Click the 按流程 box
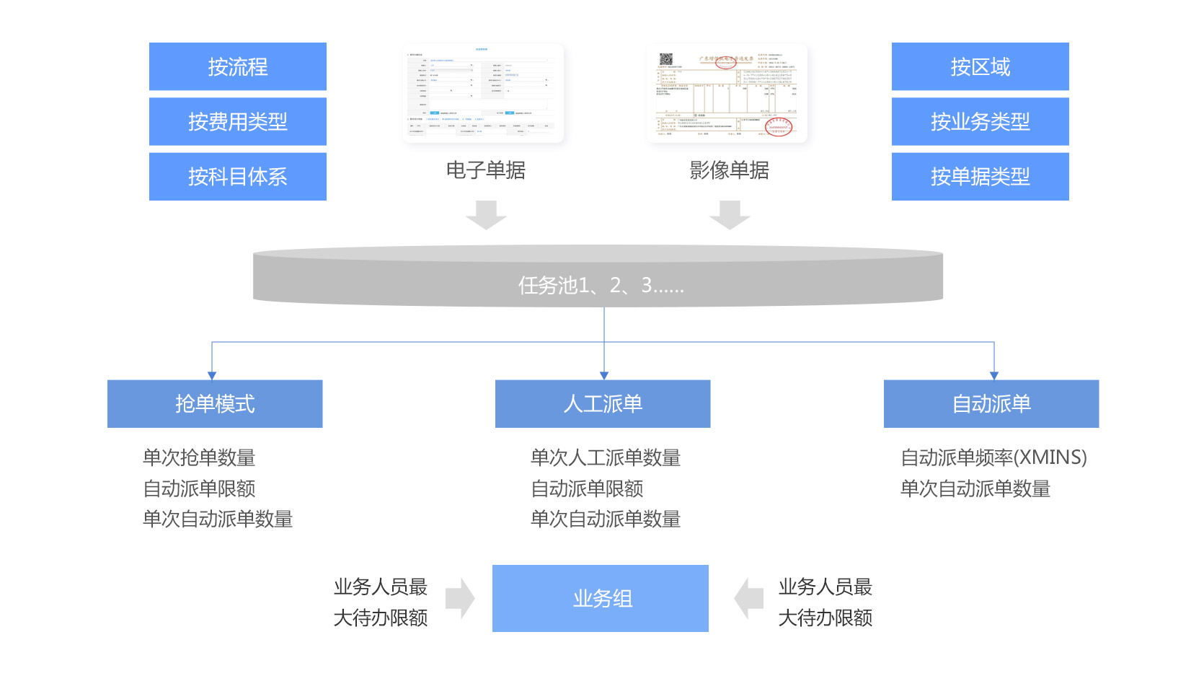237,66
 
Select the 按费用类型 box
237,121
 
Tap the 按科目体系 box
237,176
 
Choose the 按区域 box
980,66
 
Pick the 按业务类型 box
980,121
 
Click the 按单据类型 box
980,176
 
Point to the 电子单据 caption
485,170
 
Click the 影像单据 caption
729,170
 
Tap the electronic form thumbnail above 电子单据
482,92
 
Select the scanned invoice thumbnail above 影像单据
727,92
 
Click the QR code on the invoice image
666,59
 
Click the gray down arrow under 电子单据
486,215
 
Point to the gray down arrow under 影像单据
730,215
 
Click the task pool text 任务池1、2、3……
601,286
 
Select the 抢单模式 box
215,403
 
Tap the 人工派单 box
603,403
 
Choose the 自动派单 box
991,403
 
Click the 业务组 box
601,598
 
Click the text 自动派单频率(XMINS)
993,457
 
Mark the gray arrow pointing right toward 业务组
460,598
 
